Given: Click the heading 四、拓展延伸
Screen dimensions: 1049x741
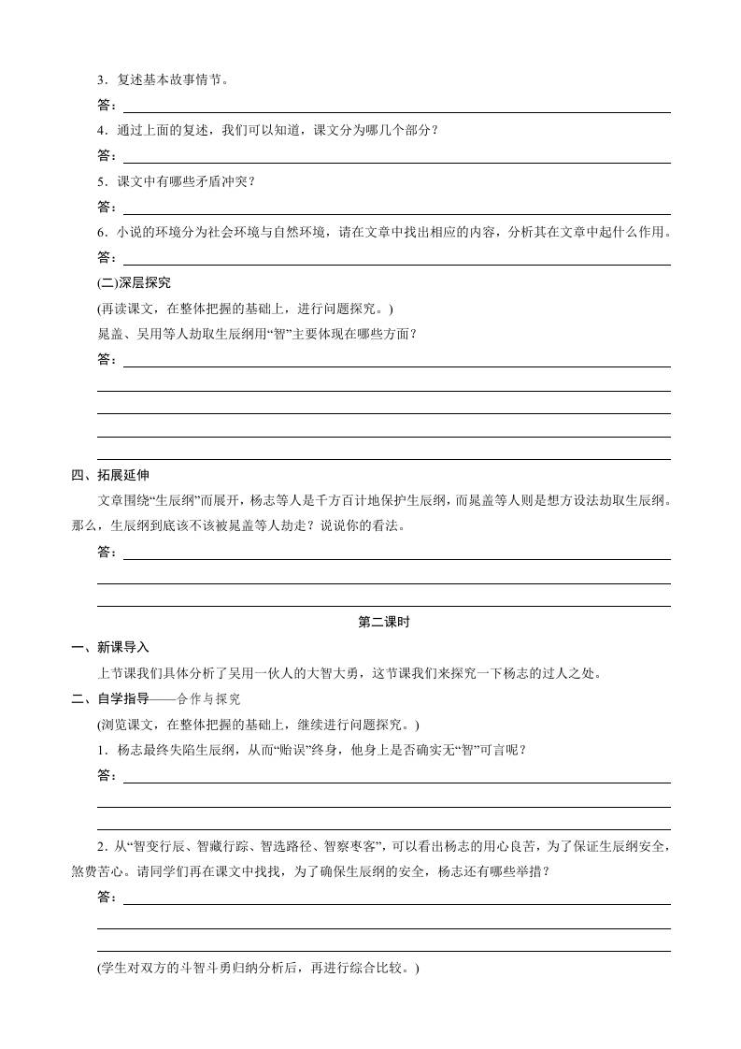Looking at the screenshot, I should coord(109,476).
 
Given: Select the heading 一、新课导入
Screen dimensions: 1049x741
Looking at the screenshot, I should coord(109,647).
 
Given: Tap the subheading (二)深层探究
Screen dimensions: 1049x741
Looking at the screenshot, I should coord(134,283).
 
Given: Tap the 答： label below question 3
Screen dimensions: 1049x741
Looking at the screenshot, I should coord(107,106).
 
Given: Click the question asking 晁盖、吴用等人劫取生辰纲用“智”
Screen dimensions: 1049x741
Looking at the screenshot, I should coord(257,334).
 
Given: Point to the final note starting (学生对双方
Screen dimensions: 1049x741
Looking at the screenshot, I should coord(259,969).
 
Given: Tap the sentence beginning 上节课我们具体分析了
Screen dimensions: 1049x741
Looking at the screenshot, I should coord(355,673).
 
